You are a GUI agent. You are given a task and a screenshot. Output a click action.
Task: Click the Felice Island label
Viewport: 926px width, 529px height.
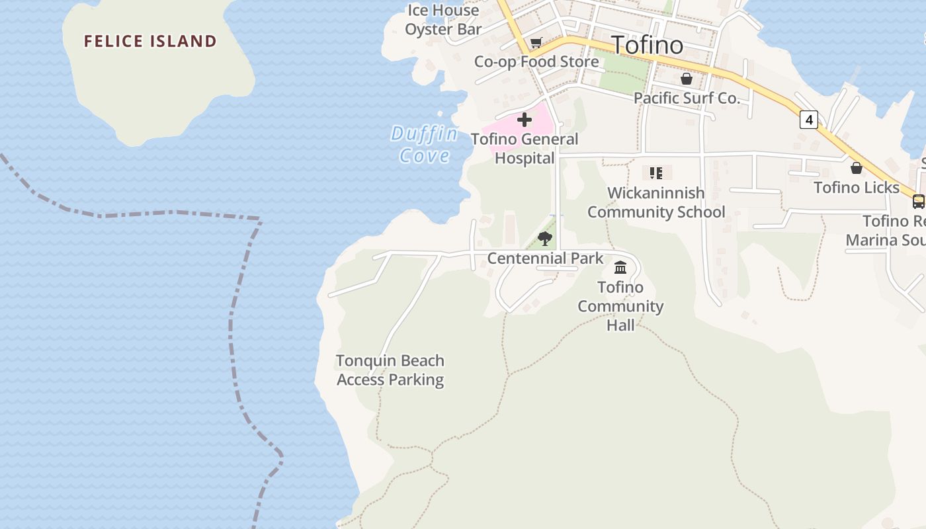tap(150, 41)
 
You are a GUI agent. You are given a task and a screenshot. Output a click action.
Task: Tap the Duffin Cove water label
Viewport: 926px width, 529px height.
tap(424, 144)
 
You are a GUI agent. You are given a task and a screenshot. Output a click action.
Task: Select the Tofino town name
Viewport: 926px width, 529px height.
tap(647, 45)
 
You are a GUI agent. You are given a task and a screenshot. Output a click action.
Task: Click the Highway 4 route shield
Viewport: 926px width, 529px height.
tap(808, 120)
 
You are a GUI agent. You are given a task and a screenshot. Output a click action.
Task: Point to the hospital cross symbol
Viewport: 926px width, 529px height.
tap(525, 120)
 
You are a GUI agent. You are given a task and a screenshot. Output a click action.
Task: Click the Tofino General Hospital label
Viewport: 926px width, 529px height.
tap(525, 149)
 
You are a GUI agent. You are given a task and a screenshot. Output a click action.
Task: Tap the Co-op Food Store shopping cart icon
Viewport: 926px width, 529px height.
tap(536, 43)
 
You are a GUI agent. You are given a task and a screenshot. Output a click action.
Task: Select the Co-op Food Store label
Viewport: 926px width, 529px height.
tap(536, 61)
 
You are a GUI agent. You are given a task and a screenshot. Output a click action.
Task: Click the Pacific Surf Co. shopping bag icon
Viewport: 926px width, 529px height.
tap(687, 79)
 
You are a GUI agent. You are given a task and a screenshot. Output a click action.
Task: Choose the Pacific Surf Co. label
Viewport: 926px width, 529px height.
tap(687, 98)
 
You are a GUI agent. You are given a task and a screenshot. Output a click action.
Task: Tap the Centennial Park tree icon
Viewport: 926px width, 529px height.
tap(545, 239)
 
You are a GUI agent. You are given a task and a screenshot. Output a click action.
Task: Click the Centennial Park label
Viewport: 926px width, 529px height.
tap(545, 258)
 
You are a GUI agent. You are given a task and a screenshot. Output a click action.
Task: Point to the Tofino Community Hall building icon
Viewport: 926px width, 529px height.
tap(620, 268)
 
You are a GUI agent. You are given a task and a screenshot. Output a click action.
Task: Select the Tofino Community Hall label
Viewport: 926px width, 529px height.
tap(620, 306)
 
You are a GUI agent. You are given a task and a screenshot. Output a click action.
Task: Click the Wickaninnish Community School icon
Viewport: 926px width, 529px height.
tap(656, 173)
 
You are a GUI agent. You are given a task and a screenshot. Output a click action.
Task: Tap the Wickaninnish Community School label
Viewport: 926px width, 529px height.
tap(656, 202)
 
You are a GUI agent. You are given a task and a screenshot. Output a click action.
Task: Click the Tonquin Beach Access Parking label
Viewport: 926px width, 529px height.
tap(390, 370)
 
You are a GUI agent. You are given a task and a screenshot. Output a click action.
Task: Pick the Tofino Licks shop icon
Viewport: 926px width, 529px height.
tap(857, 168)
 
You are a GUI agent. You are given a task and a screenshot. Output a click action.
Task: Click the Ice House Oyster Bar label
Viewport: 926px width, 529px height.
tap(442, 20)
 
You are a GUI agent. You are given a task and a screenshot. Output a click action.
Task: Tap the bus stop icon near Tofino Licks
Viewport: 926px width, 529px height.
tap(918, 202)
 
